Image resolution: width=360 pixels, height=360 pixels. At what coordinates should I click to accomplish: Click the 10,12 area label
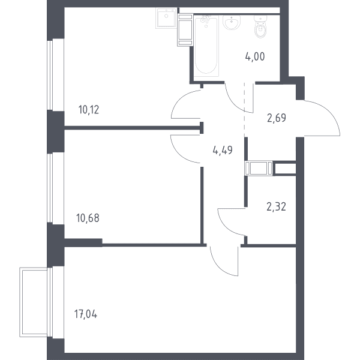89,110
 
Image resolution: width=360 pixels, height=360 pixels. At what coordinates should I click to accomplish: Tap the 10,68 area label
88,218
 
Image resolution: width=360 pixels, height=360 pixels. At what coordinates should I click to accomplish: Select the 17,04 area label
86,314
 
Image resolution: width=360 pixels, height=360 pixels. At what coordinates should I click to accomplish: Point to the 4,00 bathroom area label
255,56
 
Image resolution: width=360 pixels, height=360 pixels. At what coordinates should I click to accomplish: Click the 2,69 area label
277,118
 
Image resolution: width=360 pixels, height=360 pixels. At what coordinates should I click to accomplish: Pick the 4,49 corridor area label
223,151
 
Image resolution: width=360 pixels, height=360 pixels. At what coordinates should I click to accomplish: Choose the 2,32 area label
277,206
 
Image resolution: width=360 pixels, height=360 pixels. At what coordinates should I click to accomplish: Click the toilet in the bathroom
260,26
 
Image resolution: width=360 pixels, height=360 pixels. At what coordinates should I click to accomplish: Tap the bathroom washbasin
232,22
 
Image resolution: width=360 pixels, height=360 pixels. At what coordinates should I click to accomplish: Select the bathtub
206,46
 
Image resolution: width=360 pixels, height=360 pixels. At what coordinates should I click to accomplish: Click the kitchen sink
166,18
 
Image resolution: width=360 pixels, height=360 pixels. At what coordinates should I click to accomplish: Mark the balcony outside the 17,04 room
34,302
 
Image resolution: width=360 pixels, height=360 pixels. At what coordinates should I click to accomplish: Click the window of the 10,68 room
50,188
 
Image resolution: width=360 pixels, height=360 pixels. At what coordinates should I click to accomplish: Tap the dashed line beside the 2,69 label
244,110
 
